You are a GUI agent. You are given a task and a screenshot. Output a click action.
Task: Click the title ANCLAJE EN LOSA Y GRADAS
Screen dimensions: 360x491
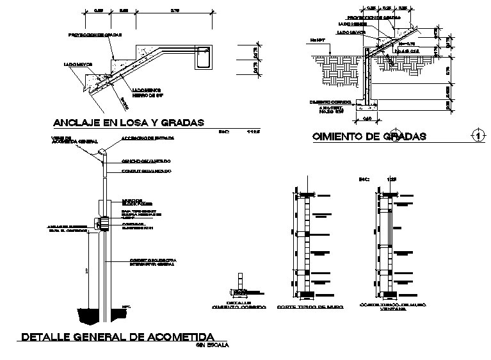pos(128,123)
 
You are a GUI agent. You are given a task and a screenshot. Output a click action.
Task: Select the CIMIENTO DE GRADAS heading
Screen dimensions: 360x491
pos(369,136)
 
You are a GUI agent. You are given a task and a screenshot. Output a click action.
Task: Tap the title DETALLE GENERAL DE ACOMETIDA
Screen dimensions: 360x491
pos(118,337)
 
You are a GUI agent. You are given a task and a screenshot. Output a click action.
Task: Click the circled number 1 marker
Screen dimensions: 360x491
pos(476,135)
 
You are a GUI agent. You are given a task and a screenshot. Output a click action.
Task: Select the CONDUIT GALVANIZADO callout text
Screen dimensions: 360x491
pos(146,171)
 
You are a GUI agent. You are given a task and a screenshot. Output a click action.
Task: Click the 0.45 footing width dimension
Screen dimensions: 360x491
pos(367,118)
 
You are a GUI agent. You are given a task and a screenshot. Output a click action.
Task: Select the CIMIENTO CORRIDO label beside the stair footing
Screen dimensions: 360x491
pos(327,101)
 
